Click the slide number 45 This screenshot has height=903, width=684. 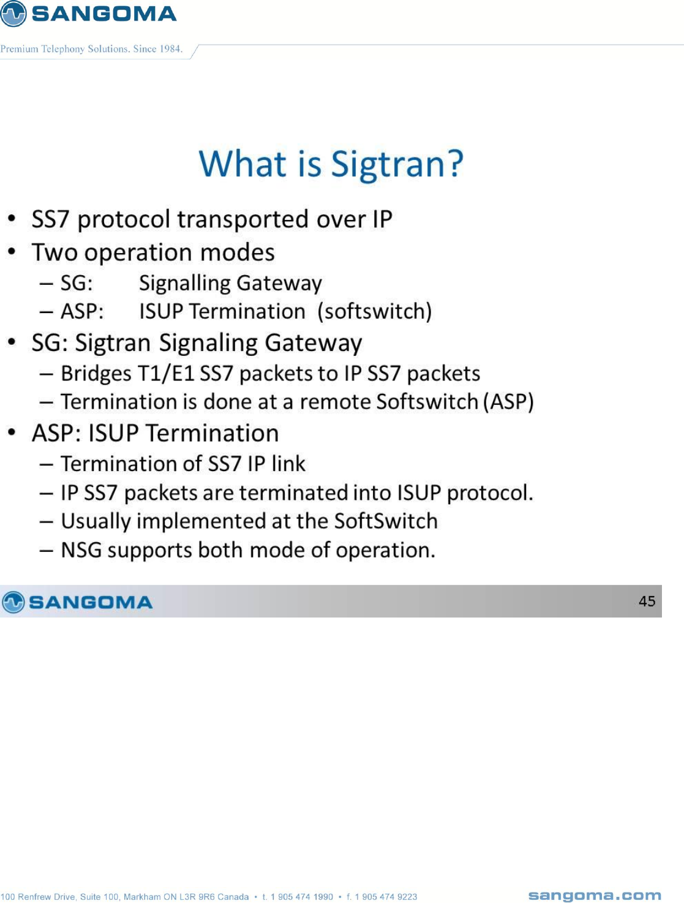click(647, 602)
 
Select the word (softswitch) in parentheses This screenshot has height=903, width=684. click(375, 311)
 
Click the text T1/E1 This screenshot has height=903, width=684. click(166, 374)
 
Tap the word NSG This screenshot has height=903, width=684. click(81, 550)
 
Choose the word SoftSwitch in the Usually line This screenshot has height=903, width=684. click(386, 521)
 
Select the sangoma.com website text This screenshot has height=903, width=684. click(595, 896)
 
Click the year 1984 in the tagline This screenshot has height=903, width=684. click(171, 49)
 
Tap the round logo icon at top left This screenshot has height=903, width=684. click(13, 13)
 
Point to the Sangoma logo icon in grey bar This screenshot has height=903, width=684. click(13, 602)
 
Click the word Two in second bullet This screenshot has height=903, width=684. click(54, 252)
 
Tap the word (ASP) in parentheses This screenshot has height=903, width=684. click(508, 402)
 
